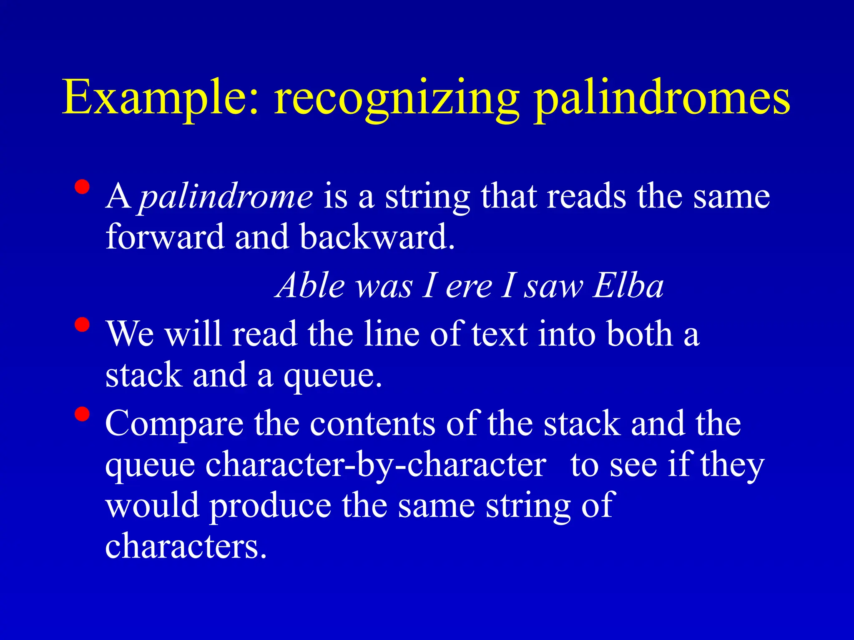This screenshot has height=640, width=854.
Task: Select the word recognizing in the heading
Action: [397, 100]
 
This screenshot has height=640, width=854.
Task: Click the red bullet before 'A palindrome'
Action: [82, 187]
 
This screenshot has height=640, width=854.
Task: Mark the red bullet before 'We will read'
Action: [82, 325]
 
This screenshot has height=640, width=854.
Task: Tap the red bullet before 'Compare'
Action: [82, 414]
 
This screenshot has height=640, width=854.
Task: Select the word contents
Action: [372, 423]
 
